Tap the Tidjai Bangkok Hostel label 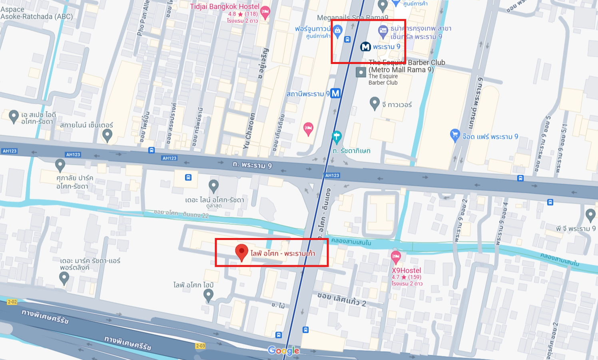224,7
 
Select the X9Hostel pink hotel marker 396,257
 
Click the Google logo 283,351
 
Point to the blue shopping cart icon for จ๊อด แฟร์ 455,135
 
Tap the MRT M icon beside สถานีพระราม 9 335,93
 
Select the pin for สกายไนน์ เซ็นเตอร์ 107,136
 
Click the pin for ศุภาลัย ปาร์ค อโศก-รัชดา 60,164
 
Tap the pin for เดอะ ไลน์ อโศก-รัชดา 214,186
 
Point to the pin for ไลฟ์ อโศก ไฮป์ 208,295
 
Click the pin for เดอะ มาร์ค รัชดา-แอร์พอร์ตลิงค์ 64,278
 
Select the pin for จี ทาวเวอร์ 375,103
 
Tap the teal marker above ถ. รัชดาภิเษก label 337,137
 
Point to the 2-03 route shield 200,346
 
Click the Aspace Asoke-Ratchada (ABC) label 36,13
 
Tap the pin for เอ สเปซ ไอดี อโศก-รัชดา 14,116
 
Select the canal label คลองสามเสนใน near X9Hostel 351,242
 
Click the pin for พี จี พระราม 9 590,215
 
